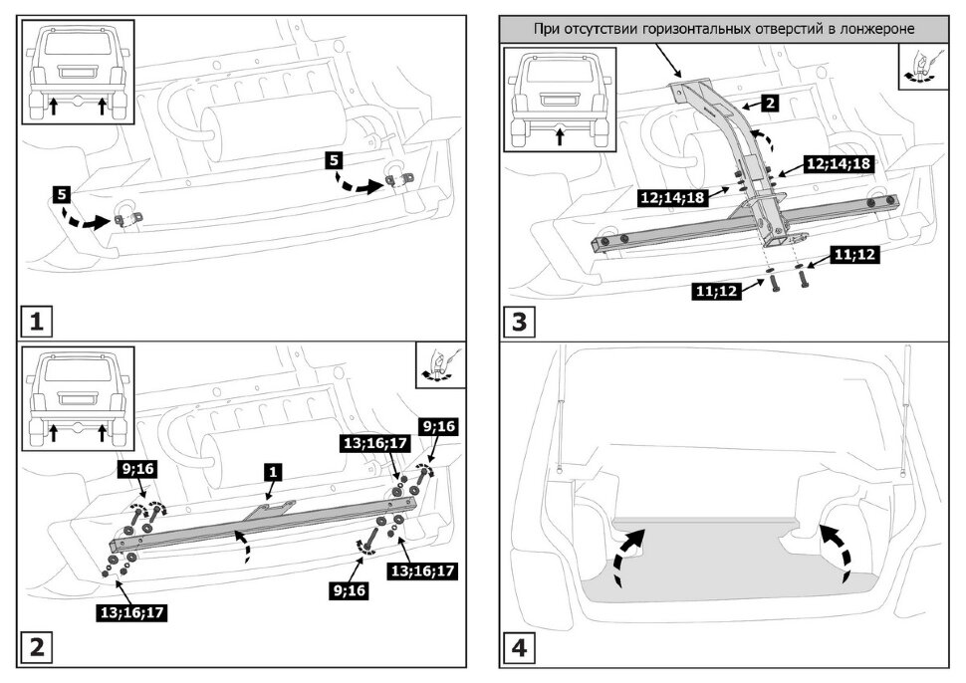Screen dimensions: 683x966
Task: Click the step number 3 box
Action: click(520, 323)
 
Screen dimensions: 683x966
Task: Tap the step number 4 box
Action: click(520, 648)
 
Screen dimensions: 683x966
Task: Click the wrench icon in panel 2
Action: click(440, 364)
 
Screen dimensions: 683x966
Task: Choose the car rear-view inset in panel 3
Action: click(559, 103)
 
